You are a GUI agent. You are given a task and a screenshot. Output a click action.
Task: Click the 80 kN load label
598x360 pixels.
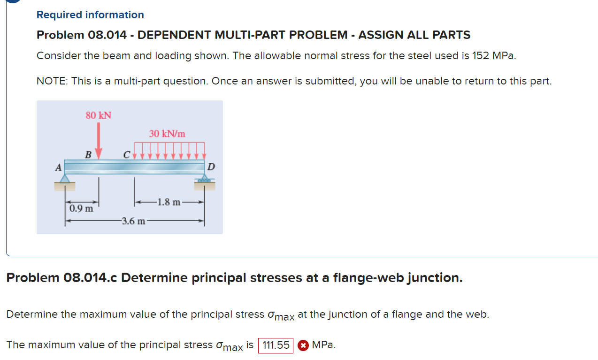[99, 115]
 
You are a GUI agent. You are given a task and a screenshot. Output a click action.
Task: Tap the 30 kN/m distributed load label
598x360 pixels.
[167, 134]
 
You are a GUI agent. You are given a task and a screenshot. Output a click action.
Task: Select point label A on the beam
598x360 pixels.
[58, 167]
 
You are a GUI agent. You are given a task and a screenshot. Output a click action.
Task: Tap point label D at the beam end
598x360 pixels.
[211, 167]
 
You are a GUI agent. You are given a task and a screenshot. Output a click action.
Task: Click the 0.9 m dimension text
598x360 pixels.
[81, 208]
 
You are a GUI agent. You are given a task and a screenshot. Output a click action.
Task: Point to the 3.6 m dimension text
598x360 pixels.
[133, 221]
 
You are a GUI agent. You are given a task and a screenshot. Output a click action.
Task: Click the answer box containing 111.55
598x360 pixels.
[276, 345]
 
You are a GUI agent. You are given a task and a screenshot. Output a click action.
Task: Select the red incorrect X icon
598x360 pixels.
[303, 345]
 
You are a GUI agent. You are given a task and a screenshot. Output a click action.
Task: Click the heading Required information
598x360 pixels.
[90, 15]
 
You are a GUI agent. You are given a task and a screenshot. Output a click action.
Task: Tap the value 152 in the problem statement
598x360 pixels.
[481, 55]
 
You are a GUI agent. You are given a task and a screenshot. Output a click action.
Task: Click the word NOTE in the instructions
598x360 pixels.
[51, 81]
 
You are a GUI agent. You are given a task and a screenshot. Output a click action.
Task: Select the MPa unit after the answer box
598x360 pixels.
[323, 345]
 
